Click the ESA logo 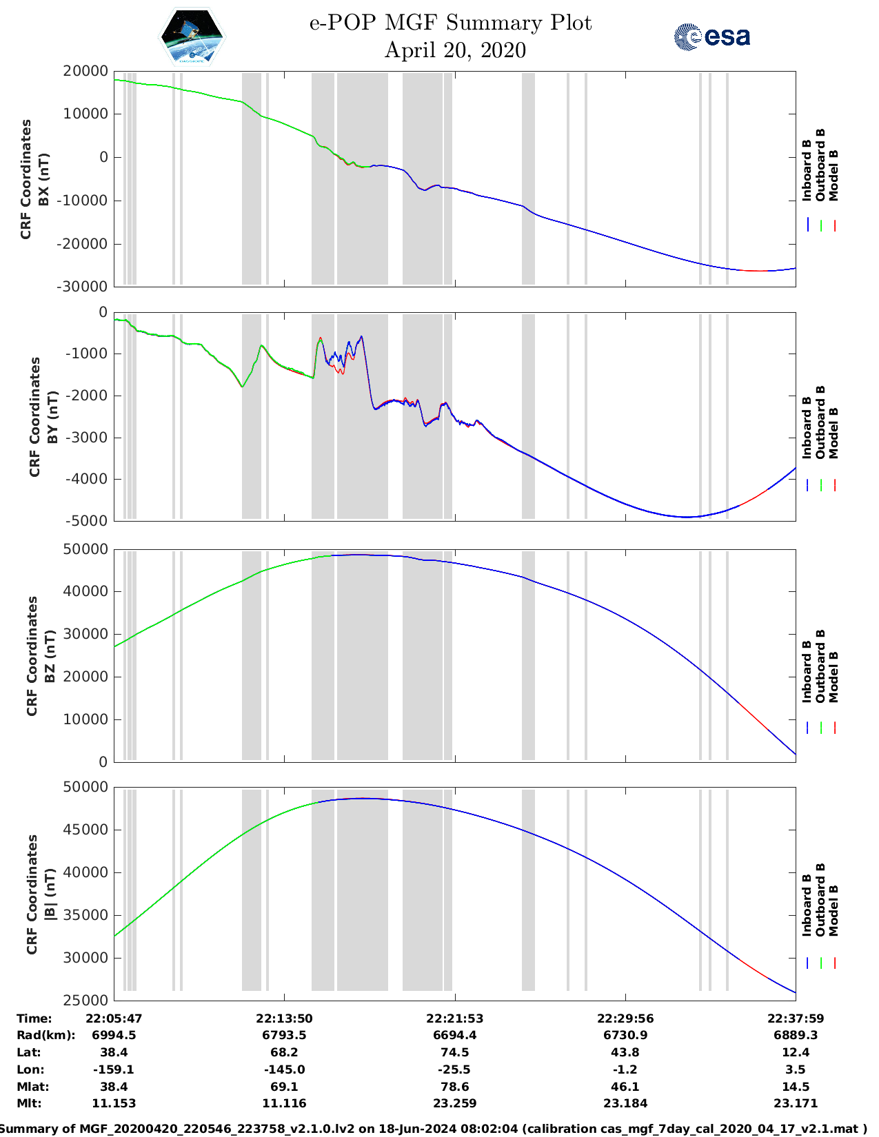click(x=711, y=37)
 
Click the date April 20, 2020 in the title click(x=455, y=50)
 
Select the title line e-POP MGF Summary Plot click(x=450, y=23)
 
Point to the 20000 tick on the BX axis click(x=85, y=71)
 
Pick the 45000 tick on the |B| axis click(x=85, y=830)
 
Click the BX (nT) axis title click(x=44, y=179)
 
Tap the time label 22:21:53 click(x=455, y=1018)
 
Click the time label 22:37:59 click(x=796, y=1018)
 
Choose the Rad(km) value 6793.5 click(x=284, y=1035)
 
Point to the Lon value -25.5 click(x=455, y=1069)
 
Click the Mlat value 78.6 click(x=455, y=1087)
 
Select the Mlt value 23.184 click(x=625, y=1103)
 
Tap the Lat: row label click(x=29, y=1052)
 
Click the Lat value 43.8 click(x=625, y=1052)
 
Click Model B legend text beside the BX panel click(x=833, y=175)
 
